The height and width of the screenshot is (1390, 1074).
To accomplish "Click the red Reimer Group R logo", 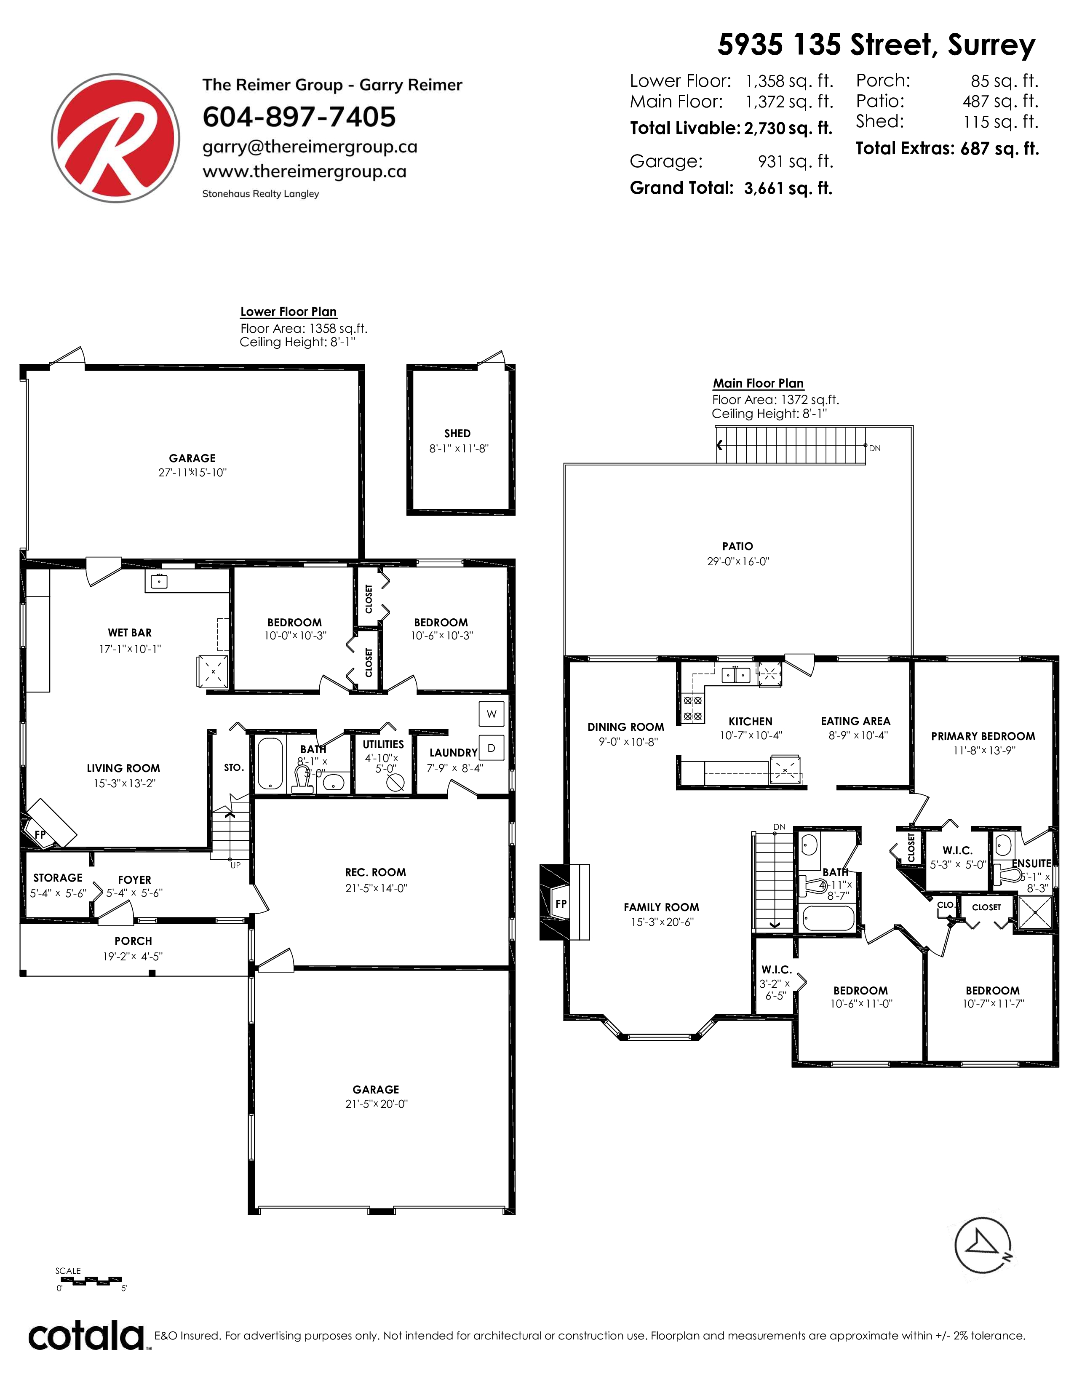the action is [115, 138].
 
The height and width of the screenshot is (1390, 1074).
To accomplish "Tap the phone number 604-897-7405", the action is [299, 117].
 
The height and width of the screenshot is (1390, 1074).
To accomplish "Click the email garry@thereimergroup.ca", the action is [310, 147].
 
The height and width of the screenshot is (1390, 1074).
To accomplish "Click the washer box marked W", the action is [491, 714].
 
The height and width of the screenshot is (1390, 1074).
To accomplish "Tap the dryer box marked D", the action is [491, 748].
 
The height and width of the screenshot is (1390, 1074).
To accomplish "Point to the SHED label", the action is [457, 433].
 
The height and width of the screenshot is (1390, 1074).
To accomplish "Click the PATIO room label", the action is [737, 546].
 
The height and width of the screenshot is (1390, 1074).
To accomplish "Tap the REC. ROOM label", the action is [375, 873].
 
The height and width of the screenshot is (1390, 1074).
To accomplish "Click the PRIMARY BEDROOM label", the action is [983, 736].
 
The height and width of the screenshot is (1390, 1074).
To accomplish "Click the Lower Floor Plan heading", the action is [288, 312].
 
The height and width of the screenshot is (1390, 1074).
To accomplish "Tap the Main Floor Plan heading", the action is [758, 383].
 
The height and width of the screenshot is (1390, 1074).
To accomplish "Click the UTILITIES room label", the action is [383, 744].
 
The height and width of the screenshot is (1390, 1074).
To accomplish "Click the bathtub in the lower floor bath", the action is [270, 764].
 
